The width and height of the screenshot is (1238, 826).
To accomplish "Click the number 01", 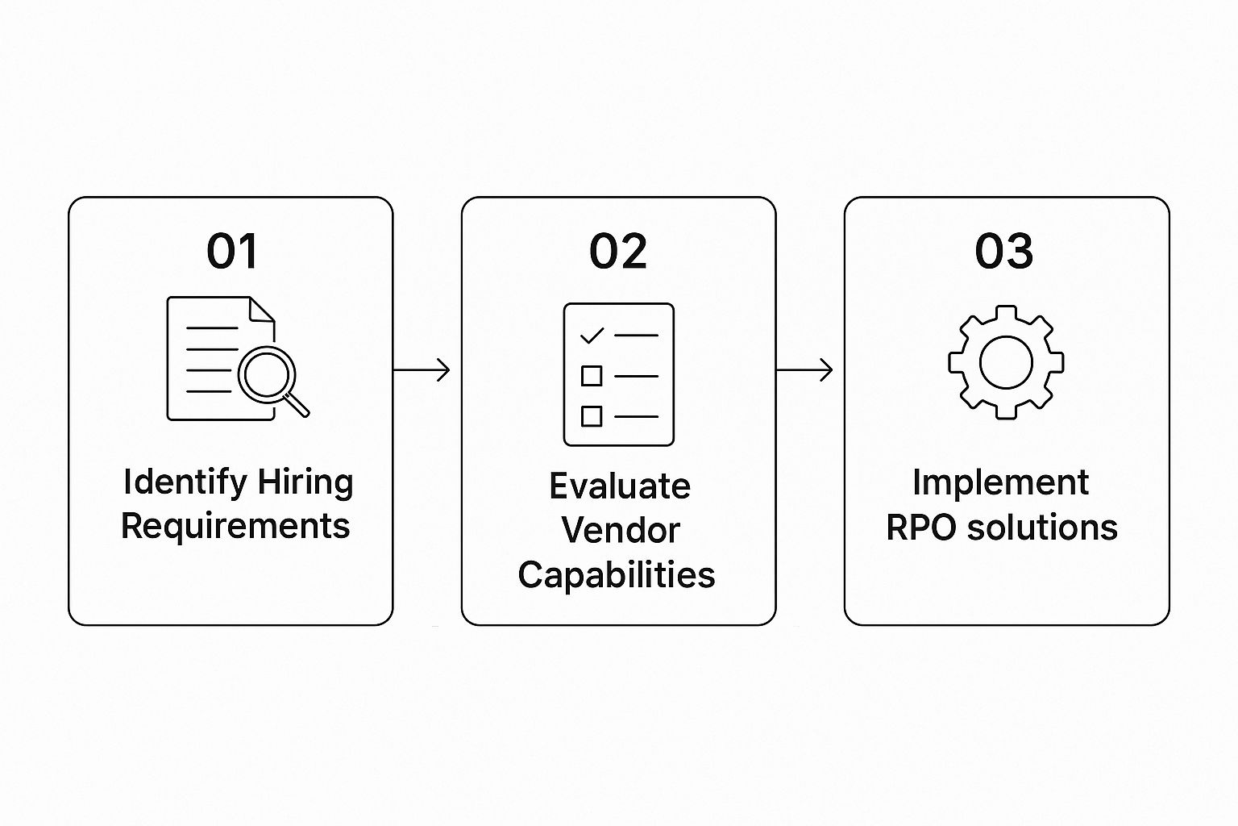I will coord(232,251).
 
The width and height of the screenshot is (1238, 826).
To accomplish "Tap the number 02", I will coord(617,251).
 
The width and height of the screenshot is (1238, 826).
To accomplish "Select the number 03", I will coord(1003,251).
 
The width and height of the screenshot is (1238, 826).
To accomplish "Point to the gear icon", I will coord(1006,362).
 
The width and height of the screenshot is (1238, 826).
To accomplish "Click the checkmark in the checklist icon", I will coord(592,334).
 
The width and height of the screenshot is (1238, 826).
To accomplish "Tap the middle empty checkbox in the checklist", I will coord(592,376).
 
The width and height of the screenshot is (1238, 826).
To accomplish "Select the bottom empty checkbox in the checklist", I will coord(592,416).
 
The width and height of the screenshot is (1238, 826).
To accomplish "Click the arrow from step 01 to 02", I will coord(422,370).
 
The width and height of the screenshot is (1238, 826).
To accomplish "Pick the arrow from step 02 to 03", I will coord(804,370).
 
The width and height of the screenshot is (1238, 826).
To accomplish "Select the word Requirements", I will coord(235,526).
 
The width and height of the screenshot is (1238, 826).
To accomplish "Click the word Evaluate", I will coord(619,486).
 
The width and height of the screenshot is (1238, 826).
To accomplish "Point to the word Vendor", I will coord(620,530).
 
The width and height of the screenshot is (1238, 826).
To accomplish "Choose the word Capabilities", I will coord(617,575).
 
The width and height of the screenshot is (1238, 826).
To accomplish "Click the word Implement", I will coord(1000,482).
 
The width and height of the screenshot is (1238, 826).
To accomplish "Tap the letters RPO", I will coord(920,528).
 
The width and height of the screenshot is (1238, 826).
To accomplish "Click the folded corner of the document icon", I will coord(262,310).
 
